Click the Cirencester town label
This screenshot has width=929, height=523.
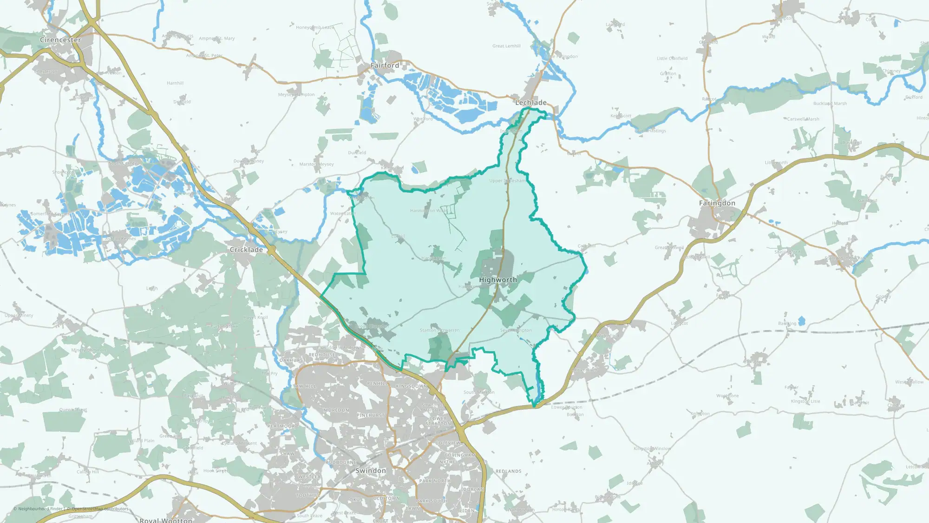click(x=60, y=40)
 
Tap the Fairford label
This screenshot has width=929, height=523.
click(x=385, y=66)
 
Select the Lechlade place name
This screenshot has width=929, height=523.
click(x=531, y=103)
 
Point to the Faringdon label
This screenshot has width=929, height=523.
click(x=717, y=203)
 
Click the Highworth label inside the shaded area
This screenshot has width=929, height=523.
click(x=498, y=280)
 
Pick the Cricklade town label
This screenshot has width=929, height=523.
click(x=246, y=250)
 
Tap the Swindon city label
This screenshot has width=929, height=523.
click(x=371, y=470)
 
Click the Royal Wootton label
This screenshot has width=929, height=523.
click(x=166, y=520)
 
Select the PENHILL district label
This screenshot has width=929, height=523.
click(x=378, y=384)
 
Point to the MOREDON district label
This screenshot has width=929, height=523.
click(x=336, y=410)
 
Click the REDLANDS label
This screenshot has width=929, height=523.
click(x=509, y=471)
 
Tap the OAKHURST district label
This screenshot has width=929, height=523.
click(x=293, y=360)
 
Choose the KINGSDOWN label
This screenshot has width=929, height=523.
click(x=412, y=386)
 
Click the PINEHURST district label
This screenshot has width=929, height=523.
click(x=371, y=415)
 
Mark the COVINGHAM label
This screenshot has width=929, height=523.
click(x=460, y=455)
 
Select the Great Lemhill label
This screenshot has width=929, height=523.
click(x=506, y=46)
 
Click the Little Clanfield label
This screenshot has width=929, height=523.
click(x=672, y=59)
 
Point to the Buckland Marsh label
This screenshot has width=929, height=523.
click(x=830, y=104)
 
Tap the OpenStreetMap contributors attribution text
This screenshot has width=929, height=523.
click(x=100, y=509)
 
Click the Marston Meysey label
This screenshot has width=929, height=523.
click(x=316, y=164)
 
